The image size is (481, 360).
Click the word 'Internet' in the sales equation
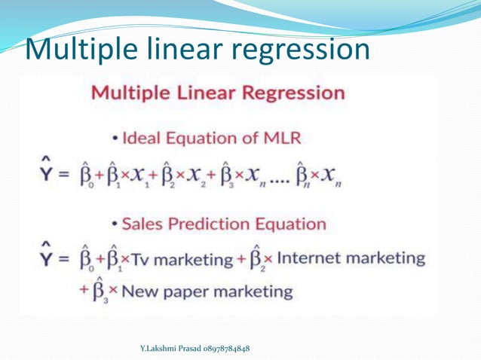308,258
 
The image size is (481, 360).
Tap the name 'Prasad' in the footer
185,349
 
